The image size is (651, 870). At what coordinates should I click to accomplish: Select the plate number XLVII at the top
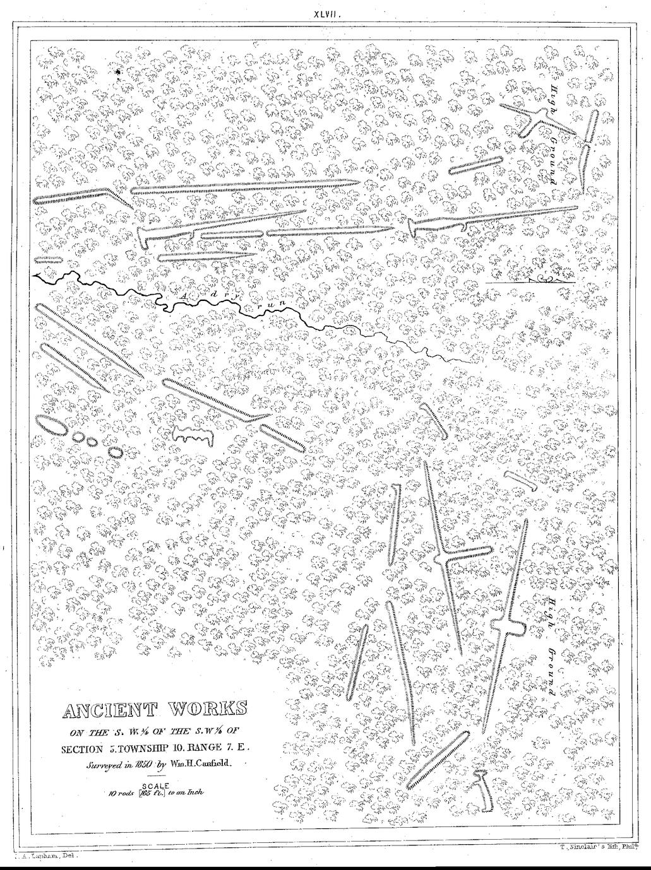[331, 13]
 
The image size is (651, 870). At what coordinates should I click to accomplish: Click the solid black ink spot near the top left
[119, 74]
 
